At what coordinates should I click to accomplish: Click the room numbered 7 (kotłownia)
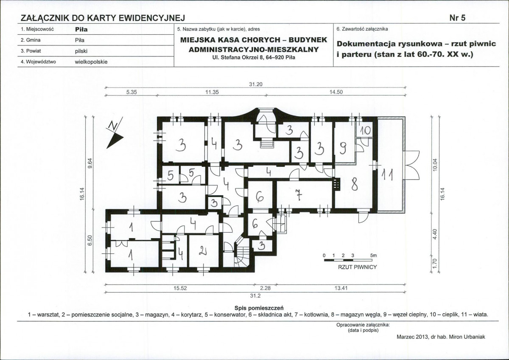coord(305,195)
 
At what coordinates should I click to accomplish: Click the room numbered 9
coord(344,142)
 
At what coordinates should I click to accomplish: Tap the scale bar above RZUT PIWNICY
coord(348,260)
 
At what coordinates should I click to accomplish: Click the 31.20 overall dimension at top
coord(256,84)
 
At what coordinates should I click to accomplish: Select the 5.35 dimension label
coord(131,92)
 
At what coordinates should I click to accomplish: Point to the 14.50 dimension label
coord(336,92)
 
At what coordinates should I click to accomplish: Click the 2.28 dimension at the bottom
coord(265,288)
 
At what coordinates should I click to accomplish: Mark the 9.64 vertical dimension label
coord(90,164)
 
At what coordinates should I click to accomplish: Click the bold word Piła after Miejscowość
coord(81,30)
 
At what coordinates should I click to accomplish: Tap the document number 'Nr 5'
coord(457,18)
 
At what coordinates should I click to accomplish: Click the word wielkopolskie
coord(91,62)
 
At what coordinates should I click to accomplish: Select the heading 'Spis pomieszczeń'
coord(259,308)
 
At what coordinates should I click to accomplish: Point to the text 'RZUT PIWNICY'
coord(358,267)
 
